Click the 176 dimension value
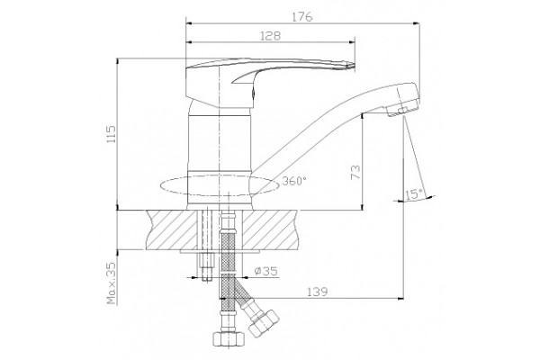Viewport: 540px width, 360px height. point(302,16)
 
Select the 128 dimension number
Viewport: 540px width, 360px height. point(270,36)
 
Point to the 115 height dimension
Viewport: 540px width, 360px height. point(112,135)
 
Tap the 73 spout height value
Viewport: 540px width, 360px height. point(355,172)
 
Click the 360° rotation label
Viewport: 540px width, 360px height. point(294,181)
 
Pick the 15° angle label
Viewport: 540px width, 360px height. point(414,194)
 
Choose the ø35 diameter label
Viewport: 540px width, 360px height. point(265,272)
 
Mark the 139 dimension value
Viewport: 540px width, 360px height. point(317,292)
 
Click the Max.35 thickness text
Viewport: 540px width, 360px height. point(112,283)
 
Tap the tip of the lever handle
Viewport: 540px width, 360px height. point(354,66)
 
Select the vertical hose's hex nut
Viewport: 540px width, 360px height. point(228,338)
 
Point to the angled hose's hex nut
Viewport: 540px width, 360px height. point(264,323)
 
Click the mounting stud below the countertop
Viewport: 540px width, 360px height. point(206,267)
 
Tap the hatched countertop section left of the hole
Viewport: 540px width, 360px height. point(172,229)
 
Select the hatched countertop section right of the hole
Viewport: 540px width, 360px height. point(269,229)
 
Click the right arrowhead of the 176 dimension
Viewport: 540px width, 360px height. point(416,23)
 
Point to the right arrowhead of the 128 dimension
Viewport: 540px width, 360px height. point(352,42)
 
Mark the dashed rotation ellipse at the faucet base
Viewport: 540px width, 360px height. point(220,186)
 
